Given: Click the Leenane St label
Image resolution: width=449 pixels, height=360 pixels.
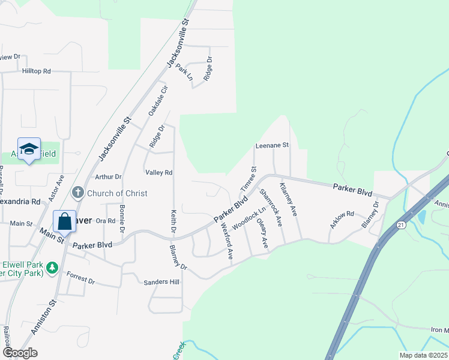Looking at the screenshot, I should pyautogui.click(x=272, y=145).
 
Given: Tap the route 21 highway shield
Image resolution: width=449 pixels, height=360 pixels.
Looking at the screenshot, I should pyautogui.click(x=400, y=224).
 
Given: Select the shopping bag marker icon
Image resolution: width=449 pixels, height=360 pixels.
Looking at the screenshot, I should pyautogui.click(x=65, y=221).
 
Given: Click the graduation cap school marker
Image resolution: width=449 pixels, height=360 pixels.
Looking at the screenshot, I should pyautogui.click(x=28, y=150).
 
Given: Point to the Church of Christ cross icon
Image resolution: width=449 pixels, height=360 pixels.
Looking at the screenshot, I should pyautogui.click(x=77, y=193).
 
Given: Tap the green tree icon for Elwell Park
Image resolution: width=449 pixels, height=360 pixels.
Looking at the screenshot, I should pyautogui.click(x=52, y=266).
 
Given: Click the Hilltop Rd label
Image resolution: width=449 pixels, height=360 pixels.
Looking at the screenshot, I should pyautogui.click(x=37, y=71).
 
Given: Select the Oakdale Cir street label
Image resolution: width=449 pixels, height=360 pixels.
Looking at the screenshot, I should pyautogui.click(x=158, y=101).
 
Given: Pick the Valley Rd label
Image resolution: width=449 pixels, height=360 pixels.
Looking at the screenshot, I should pyautogui.click(x=159, y=172).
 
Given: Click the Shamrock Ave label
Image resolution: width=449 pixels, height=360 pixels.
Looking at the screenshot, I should pyautogui.click(x=271, y=208).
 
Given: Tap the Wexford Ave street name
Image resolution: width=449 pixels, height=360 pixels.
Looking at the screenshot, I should pyautogui.click(x=226, y=241).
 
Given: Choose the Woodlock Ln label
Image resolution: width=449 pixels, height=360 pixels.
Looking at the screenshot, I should pyautogui.click(x=249, y=218).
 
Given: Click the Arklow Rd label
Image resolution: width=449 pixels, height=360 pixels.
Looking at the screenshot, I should pyautogui.click(x=342, y=220).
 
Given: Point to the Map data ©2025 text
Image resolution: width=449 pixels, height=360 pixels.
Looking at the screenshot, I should pyautogui.click(x=423, y=355).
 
